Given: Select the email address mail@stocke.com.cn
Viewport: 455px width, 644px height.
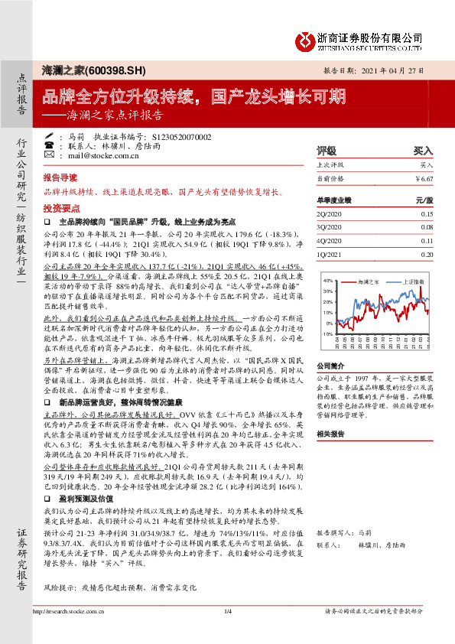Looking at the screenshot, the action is pyautogui.click(x=104, y=155).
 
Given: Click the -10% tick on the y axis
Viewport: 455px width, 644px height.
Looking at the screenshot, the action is pyautogui.click(x=327, y=334).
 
